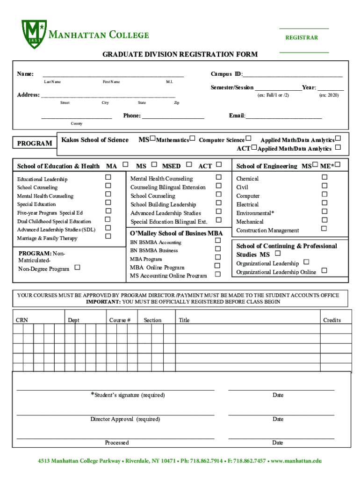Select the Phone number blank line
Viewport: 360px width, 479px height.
173,116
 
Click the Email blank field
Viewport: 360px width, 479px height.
284,116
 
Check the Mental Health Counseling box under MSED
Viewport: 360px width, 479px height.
218,177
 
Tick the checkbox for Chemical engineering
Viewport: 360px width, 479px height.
324,177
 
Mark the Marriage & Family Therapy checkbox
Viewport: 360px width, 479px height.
108,236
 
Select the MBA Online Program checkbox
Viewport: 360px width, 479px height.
217,266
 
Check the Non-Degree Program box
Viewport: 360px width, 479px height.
77,267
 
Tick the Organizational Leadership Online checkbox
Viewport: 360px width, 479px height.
324,270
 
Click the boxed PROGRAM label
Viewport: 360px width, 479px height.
35,143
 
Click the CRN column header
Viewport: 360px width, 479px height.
22,320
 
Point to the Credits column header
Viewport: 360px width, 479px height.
332,320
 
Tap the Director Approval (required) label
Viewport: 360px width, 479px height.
125,419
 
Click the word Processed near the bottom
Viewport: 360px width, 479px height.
117,443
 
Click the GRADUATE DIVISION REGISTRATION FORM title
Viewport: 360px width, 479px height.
180,55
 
